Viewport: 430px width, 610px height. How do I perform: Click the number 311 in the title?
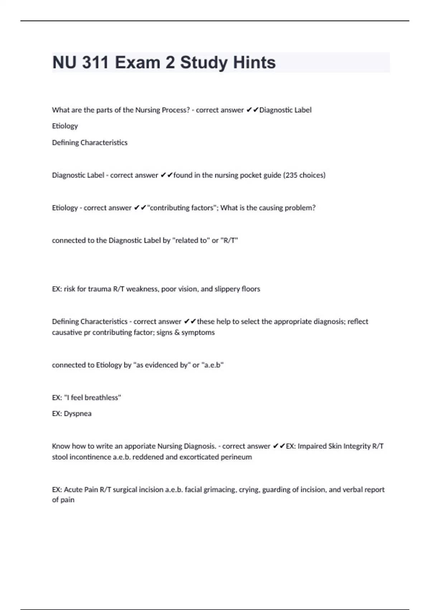coord(95,62)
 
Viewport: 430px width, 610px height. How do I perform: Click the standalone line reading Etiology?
coord(65,126)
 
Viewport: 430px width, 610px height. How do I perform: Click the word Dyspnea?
coord(77,414)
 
